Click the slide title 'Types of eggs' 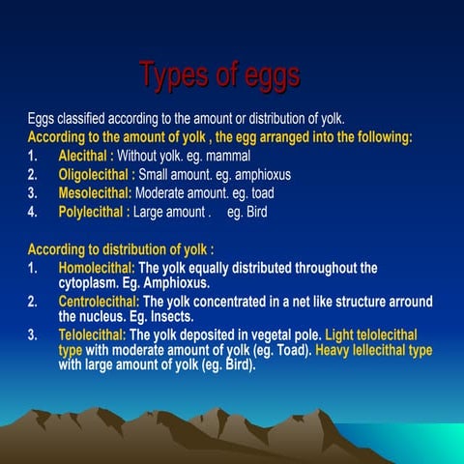(218, 74)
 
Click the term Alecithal (83, 156)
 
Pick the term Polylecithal (91, 212)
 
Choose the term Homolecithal (99, 268)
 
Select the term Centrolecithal (100, 303)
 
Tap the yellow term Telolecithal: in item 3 (93, 335)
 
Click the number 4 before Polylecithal (32, 212)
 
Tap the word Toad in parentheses (292, 350)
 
